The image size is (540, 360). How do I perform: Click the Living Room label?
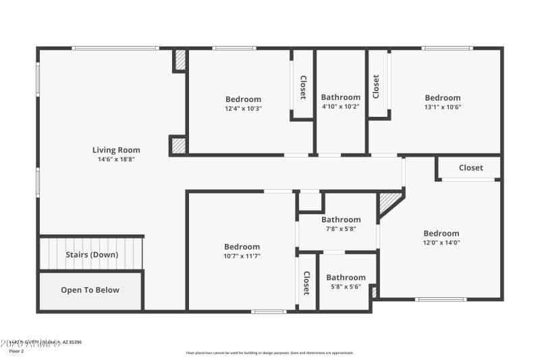click(x=116, y=150)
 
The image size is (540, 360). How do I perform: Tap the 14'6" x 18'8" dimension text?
click(x=116, y=159)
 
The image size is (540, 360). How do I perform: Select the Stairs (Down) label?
click(x=92, y=255)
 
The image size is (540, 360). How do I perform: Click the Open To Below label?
click(x=90, y=290)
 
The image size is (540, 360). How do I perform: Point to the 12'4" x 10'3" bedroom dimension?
click(x=243, y=108)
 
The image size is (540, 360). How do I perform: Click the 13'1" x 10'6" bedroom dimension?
click(x=443, y=107)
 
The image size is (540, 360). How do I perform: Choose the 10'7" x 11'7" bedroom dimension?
click(x=242, y=256)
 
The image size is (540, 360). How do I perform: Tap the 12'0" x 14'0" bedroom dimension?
click(x=441, y=242)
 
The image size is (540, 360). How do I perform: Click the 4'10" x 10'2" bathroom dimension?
click(x=340, y=106)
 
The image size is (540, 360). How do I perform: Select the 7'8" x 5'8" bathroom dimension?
click(x=341, y=228)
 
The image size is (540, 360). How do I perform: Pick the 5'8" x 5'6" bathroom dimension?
click(x=346, y=286)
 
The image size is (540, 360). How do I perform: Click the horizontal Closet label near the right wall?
click(x=470, y=168)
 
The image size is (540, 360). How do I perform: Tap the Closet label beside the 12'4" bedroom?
click(x=303, y=87)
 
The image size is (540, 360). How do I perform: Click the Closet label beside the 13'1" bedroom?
click(x=376, y=86)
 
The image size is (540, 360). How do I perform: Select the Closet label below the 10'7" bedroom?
click(x=306, y=283)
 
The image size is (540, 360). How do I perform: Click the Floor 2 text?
click(x=16, y=351)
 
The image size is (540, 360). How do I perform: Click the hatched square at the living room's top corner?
click(x=180, y=60)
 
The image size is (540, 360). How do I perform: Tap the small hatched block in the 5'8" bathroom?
click(x=373, y=291)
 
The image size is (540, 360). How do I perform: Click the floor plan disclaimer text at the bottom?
click(x=269, y=353)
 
